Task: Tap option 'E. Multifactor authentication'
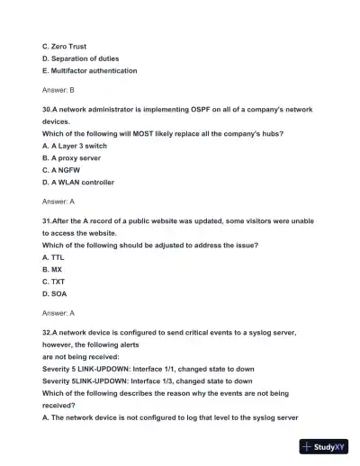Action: coord(89,69)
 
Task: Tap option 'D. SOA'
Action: coord(54,293)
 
